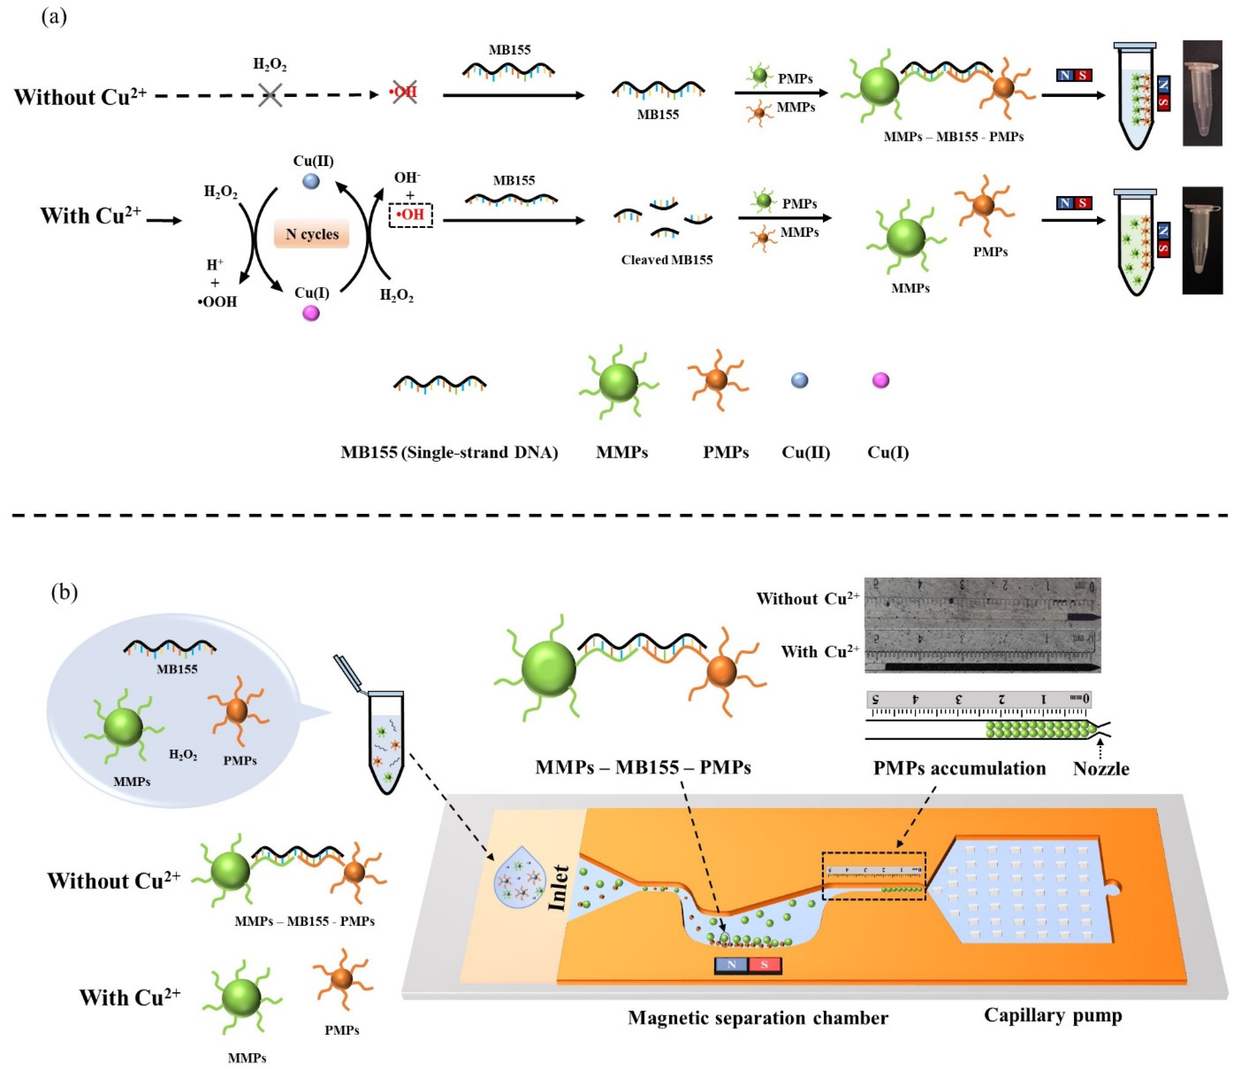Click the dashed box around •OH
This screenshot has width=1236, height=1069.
click(x=410, y=215)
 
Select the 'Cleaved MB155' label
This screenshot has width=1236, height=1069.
click(x=666, y=260)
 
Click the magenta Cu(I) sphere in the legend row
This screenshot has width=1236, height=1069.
click(x=881, y=380)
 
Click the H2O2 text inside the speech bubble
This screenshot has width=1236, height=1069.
click(x=182, y=755)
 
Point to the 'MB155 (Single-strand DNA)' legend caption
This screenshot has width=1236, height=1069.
click(x=449, y=452)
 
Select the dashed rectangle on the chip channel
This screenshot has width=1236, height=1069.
click(x=873, y=876)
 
